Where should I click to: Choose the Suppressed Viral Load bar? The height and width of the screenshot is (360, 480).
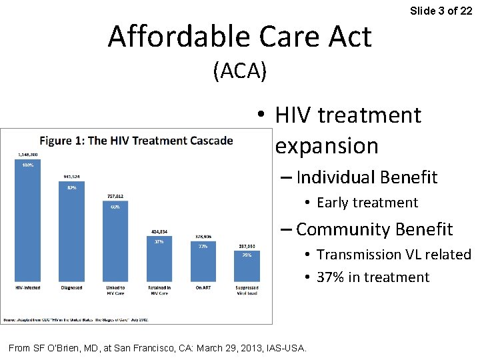(246, 267)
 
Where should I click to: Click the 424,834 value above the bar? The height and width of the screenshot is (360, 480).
(159, 231)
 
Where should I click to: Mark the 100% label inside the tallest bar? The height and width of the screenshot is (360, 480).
(28, 165)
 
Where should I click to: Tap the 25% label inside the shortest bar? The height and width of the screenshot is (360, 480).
(246, 255)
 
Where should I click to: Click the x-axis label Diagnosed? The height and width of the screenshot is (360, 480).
(71, 288)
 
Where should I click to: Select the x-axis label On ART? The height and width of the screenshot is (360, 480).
(203, 288)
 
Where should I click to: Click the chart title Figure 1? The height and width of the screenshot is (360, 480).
(136, 141)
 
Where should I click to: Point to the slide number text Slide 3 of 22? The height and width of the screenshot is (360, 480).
(441, 11)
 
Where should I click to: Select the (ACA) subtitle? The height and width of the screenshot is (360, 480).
(240, 71)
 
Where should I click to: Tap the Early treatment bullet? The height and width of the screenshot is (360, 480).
(367, 203)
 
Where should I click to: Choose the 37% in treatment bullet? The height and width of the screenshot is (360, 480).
(373, 277)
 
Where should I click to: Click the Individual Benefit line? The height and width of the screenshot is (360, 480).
(366, 177)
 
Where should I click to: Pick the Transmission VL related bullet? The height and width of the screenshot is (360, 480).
(393, 255)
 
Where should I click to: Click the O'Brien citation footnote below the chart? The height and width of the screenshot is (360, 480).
(157, 347)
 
